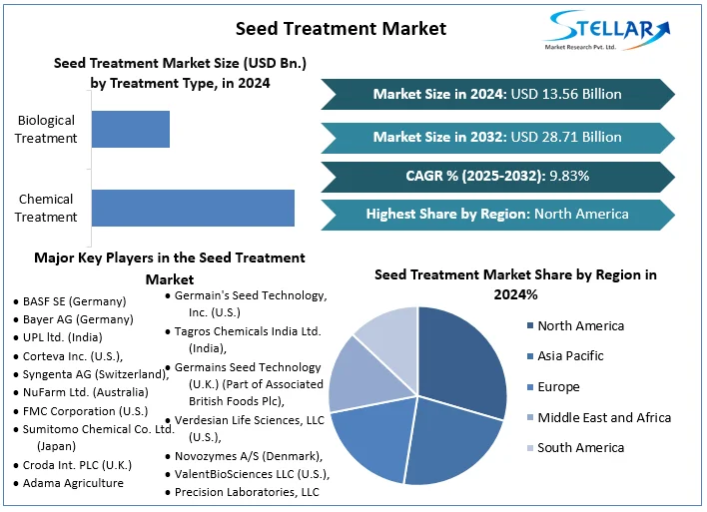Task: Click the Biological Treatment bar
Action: [131, 130]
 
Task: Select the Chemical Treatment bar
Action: [193, 208]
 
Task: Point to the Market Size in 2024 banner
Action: [497, 94]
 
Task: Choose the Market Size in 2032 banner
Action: [497, 137]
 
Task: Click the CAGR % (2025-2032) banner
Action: [497, 176]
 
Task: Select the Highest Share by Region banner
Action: [497, 214]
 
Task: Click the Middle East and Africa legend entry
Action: [603, 417]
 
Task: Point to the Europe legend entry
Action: [558, 386]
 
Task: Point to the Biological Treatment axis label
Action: [46, 129]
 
